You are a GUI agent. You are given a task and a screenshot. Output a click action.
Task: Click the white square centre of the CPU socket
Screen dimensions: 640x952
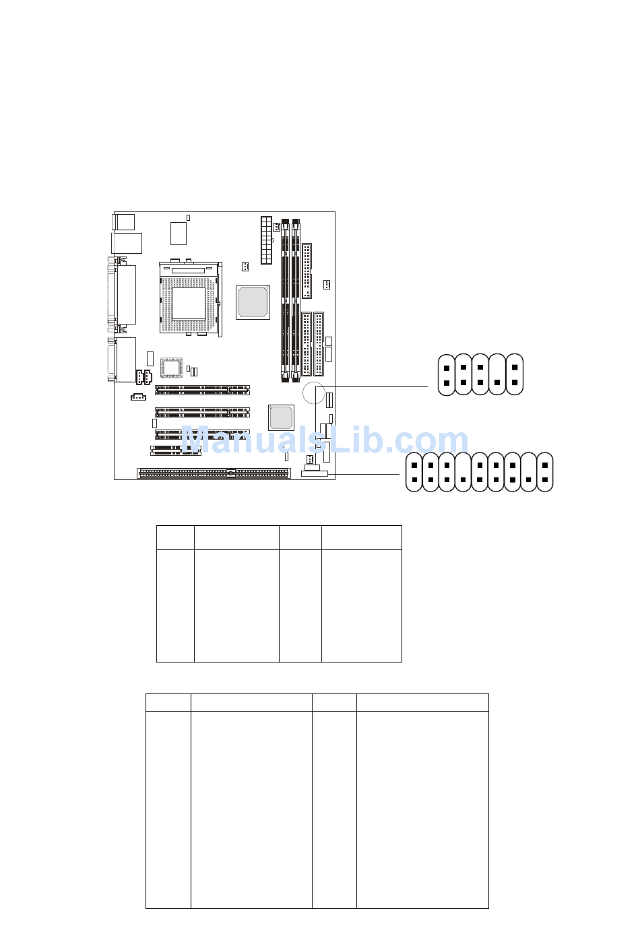click(x=189, y=304)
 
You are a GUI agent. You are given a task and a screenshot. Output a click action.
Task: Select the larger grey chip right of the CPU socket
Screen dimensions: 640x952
click(x=253, y=302)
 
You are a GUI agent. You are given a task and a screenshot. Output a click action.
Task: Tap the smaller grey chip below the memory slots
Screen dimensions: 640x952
click(x=281, y=417)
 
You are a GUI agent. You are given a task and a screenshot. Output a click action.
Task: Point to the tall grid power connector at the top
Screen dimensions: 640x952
click(x=266, y=240)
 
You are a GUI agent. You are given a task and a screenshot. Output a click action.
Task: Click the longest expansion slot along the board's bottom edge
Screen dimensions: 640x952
click(x=214, y=473)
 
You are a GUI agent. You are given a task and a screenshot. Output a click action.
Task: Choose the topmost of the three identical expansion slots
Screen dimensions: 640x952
click(x=202, y=390)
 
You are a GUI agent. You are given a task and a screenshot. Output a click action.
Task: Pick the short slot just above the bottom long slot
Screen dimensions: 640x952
click(x=176, y=450)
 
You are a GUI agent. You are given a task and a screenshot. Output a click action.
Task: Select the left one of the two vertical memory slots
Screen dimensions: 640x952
click(x=285, y=300)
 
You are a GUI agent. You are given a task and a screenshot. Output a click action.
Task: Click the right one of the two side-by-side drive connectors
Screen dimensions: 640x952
click(x=319, y=344)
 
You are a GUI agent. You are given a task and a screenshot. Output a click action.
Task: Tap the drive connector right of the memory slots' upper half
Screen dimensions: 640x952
click(x=307, y=271)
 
